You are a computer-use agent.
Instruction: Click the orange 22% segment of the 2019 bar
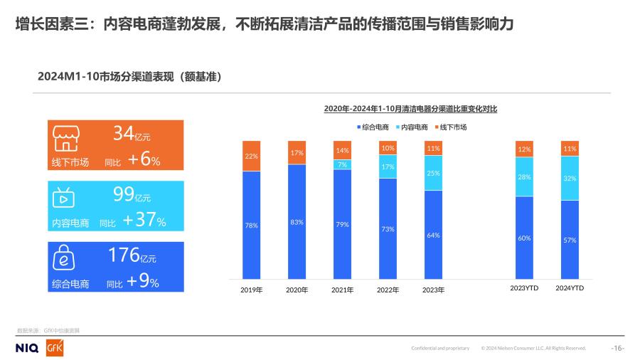coord(251,156)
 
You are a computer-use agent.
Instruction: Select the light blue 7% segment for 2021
coord(342,164)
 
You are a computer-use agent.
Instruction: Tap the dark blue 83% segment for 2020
coord(297,222)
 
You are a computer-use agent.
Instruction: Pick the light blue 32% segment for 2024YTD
coord(570,179)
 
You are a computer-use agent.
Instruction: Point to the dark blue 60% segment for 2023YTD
coord(524,238)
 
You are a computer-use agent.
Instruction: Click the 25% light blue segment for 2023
coord(433,173)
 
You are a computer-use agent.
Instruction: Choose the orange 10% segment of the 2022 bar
coord(388,148)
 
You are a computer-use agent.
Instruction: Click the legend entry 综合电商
coord(373,127)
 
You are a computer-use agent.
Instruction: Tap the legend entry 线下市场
coord(449,127)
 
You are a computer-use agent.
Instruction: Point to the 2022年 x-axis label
coord(388,290)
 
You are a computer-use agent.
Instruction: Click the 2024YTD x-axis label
coord(570,288)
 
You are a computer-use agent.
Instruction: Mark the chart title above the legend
coord(410,109)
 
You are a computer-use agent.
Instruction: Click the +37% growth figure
coord(144,221)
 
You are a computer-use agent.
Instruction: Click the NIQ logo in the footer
coord(27,348)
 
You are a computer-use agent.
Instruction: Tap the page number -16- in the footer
coord(617,348)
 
